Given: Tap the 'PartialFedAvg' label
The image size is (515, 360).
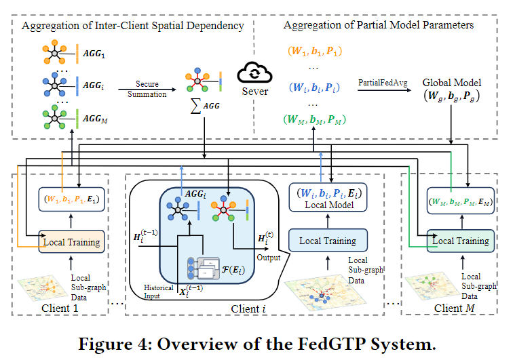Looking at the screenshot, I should tap(383, 82).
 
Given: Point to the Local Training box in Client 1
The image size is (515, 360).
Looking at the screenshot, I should tap(71, 241).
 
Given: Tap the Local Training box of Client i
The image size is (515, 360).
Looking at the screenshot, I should tap(328, 241).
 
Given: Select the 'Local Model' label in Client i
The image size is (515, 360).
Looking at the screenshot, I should tap(328, 204).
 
